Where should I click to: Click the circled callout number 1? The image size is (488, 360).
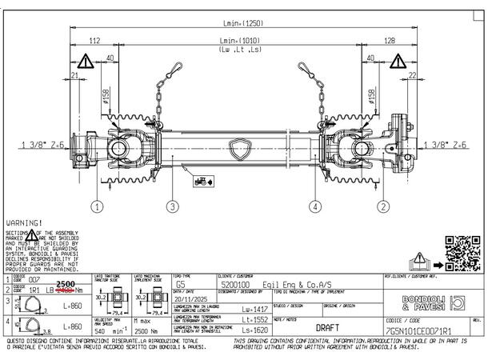tap(97, 206)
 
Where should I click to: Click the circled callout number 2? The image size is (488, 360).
tap(384, 206)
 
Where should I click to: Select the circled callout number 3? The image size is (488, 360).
tap(171, 206)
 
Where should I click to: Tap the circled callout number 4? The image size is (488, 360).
tap(316, 206)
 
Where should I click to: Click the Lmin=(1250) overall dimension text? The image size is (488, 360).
tap(241, 25)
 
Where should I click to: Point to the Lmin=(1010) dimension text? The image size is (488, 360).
tap(241, 41)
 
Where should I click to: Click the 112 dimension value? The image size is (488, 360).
tap(94, 41)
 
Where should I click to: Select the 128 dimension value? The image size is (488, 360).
tap(390, 41)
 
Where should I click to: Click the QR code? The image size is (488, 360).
tap(459, 251)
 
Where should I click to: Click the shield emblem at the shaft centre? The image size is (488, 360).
tap(241, 148)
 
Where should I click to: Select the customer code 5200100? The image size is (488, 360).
tap(234, 284)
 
